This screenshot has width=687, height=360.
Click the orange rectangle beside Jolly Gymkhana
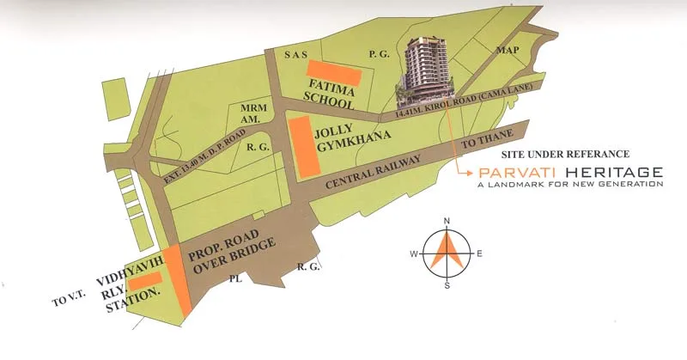[x=301, y=149]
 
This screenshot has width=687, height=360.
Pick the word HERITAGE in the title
[x=612, y=172]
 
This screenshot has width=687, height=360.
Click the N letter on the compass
[x=447, y=222]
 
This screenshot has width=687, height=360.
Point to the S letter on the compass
[x=447, y=285]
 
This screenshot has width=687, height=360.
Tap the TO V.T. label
[x=64, y=300]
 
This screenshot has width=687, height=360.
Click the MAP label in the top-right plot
[x=508, y=50]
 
